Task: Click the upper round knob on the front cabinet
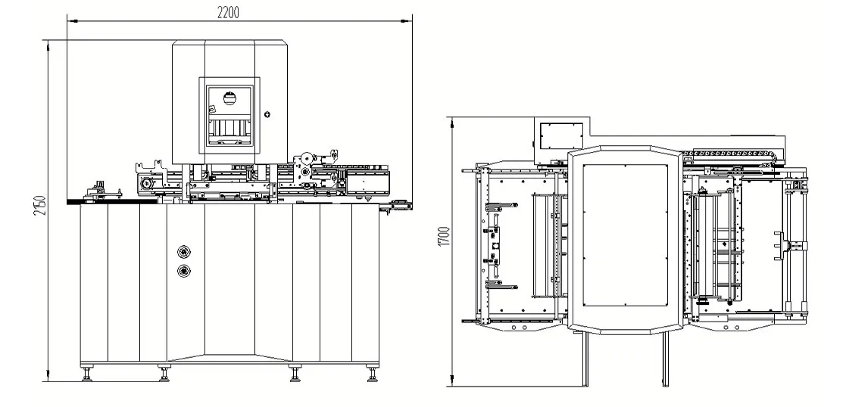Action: pos(183,251)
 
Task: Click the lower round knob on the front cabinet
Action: pos(183,270)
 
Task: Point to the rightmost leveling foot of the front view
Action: pos(372,372)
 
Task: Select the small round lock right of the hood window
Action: pos(267,114)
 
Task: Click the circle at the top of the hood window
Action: pos(233,96)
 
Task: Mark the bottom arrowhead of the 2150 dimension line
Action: pos(50,377)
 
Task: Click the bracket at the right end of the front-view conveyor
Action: pos(399,202)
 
